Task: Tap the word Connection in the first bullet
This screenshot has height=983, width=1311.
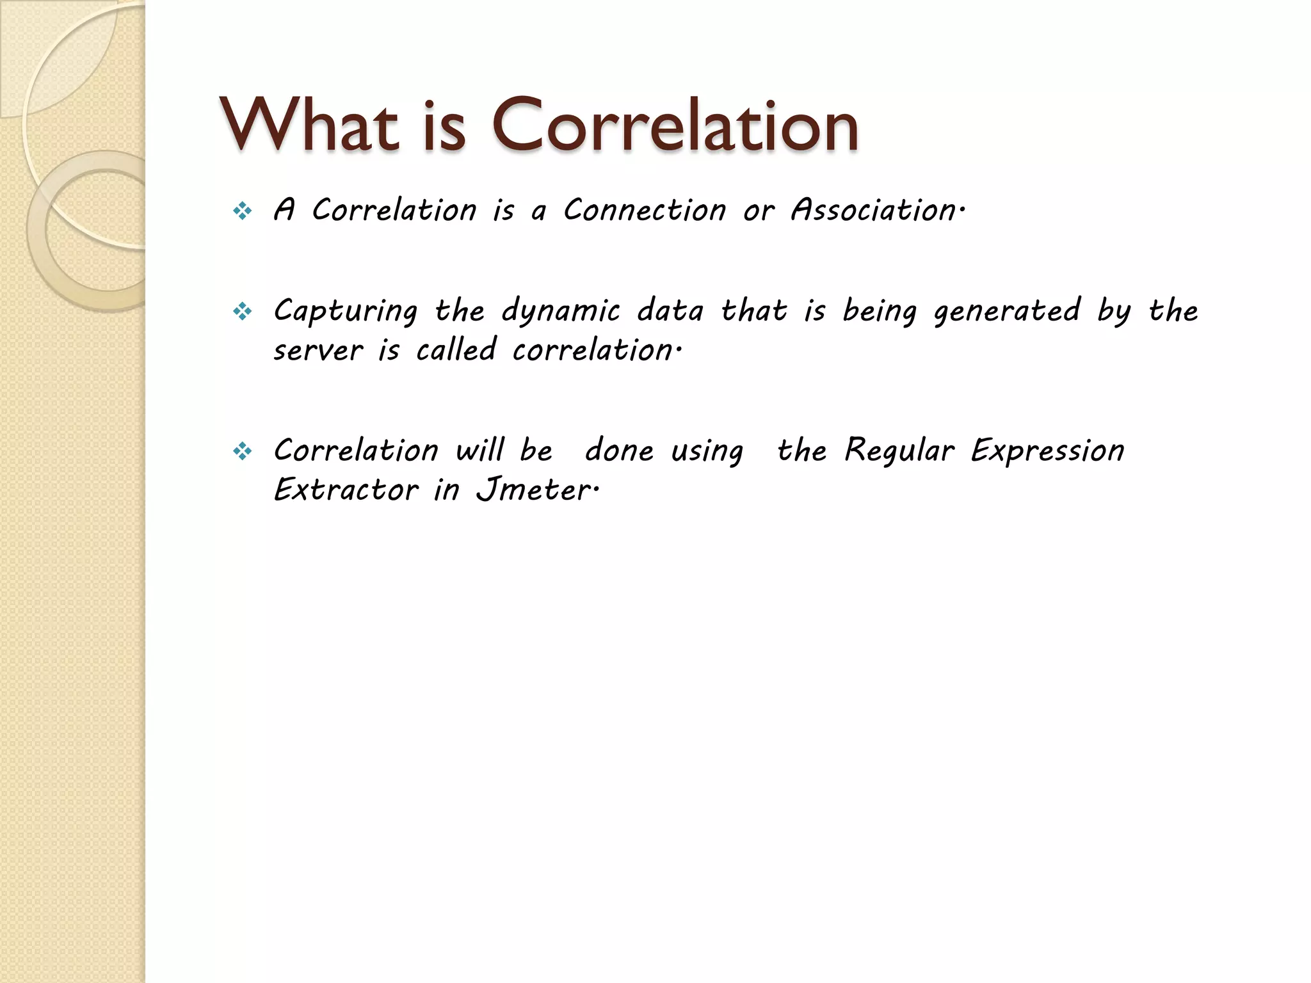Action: tap(645, 210)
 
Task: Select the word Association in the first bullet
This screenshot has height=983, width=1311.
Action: tap(874, 210)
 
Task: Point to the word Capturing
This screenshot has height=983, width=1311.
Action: tap(346, 312)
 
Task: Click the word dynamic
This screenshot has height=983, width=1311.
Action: tap(561, 312)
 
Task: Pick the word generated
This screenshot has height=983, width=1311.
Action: tap(1007, 312)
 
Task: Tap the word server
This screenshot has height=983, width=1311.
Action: tap(318, 351)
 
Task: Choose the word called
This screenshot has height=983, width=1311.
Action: tap(456, 349)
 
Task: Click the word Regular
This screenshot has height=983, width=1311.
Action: tap(899, 450)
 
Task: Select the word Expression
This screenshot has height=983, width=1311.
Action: tap(1047, 451)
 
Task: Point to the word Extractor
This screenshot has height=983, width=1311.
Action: tap(346, 490)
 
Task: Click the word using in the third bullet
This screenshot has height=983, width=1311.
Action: tap(707, 451)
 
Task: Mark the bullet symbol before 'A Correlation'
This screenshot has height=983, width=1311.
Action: tap(243, 211)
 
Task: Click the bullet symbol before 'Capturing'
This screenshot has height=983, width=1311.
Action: tap(243, 312)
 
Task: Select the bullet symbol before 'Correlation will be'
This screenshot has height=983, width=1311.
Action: tap(243, 452)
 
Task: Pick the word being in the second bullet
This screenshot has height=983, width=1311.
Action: tap(880, 312)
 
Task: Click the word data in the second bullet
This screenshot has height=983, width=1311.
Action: tap(670, 311)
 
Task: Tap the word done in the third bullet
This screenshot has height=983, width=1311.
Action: tap(619, 450)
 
